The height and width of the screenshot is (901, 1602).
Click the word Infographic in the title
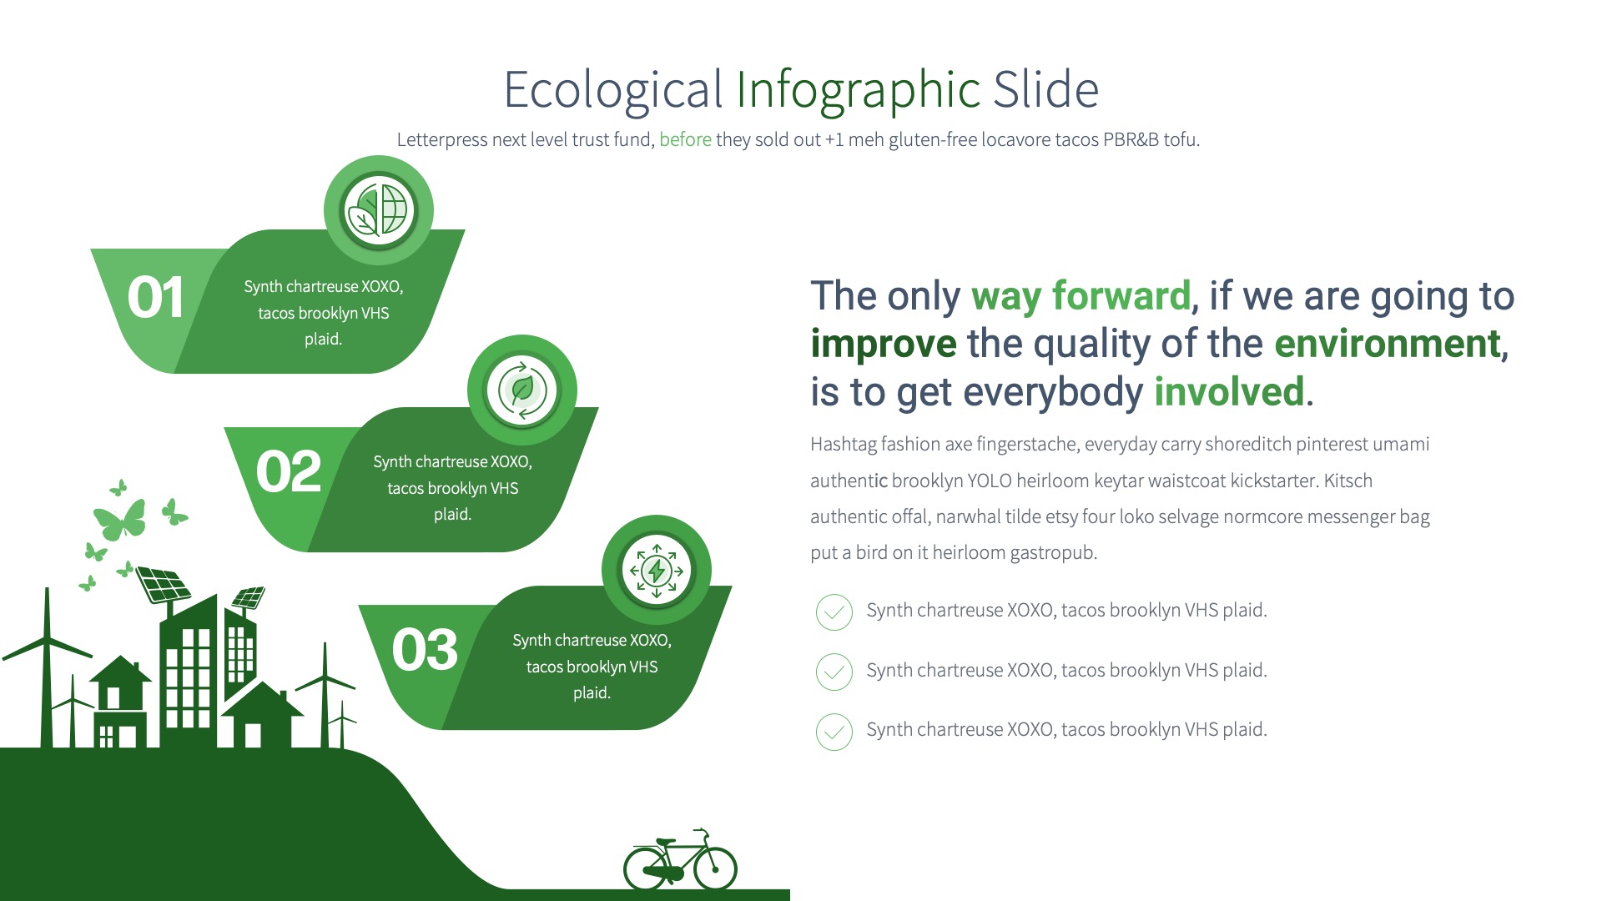[x=858, y=90]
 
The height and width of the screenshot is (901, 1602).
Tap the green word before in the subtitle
[x=685, y=139]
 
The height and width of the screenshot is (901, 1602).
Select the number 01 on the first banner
[x=155, y=299]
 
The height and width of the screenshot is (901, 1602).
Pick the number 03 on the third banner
[x=425, y=651]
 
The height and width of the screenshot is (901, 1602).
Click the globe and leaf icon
[x=378, y=210]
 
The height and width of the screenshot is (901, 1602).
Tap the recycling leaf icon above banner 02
[x=522, y=390]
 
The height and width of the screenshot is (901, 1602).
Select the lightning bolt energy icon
[x=657, y=571]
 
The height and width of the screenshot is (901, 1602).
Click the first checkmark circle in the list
[x=834, y=612]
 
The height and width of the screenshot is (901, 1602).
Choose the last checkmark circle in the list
[x=834, y=732]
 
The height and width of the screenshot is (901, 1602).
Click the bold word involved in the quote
[x=1228, y=392]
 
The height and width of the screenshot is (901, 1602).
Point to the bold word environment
[x=1388, y=344]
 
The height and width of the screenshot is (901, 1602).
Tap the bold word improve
[x=883, y=344]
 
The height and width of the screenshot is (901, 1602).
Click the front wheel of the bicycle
[x=715, y=868]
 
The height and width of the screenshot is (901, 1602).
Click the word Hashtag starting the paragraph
[x=843, y=445]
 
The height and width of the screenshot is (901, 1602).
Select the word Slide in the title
[x=1045, y=90]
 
